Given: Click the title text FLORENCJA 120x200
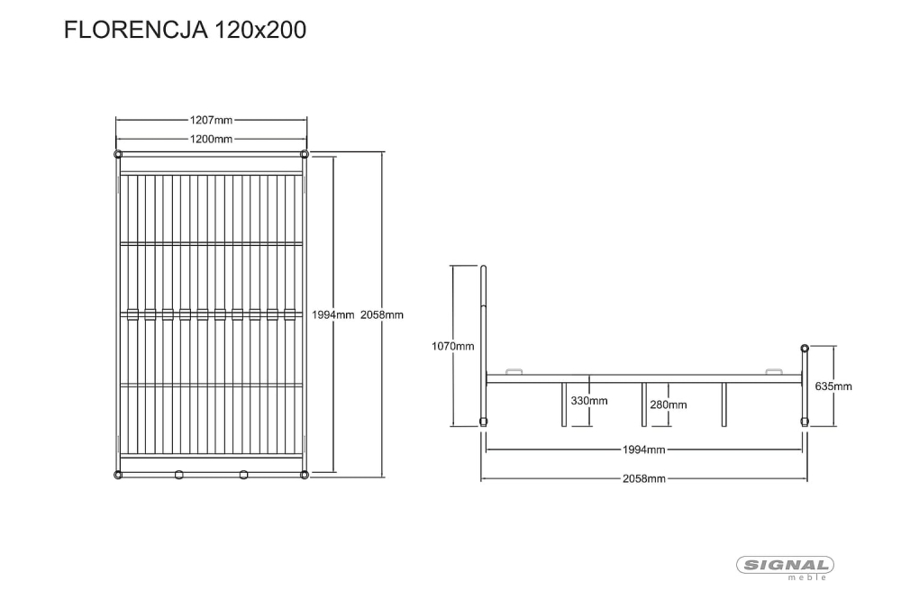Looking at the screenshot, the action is [x=185, y=30].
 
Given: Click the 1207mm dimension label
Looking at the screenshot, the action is [x=211, y=120].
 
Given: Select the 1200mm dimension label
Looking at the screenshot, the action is [x=211, y=139].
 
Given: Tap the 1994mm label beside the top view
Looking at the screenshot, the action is [x=332, y=315].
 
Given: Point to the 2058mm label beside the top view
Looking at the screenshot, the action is [x=381, y=315].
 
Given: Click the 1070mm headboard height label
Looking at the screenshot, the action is [x=453, y=346].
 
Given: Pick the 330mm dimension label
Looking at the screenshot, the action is [x=589, y=401].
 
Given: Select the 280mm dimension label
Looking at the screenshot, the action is [x=669, y=405].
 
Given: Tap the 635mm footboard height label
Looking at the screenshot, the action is [x=833, y=386].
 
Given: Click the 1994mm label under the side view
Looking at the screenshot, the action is [x=643, y=450].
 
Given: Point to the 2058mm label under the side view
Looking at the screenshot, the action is [x=643, y=478].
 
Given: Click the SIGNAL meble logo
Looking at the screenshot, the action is [x=785, y=568].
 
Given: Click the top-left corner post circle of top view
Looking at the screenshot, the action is [x=118, y=154].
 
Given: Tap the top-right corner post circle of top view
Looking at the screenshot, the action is [x=305, y=154].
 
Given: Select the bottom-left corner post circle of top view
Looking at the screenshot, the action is [x=118, y=475].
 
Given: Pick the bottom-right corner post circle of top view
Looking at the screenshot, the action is [x=305, y=475].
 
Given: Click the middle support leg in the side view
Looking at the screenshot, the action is [x=643, y=405].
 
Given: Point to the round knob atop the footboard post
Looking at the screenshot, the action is [x=805, y=349].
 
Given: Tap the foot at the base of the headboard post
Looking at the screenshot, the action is [x=483, y=423].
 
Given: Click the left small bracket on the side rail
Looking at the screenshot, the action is [x=514, y=371].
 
